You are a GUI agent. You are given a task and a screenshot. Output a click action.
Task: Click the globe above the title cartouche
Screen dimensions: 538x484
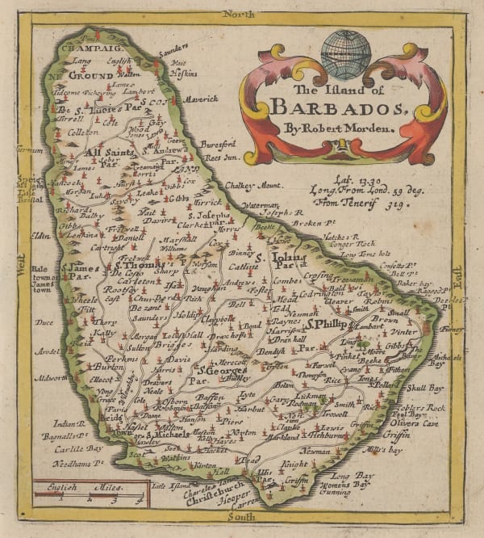345,53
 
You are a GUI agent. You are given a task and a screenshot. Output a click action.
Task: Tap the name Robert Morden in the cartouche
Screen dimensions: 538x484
344,128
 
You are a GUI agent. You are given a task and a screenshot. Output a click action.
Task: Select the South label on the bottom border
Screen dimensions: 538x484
240,515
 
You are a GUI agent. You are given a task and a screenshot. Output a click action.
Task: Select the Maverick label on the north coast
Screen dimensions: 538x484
201,99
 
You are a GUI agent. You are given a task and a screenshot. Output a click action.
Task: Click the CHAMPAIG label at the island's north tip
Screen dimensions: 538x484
81,48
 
